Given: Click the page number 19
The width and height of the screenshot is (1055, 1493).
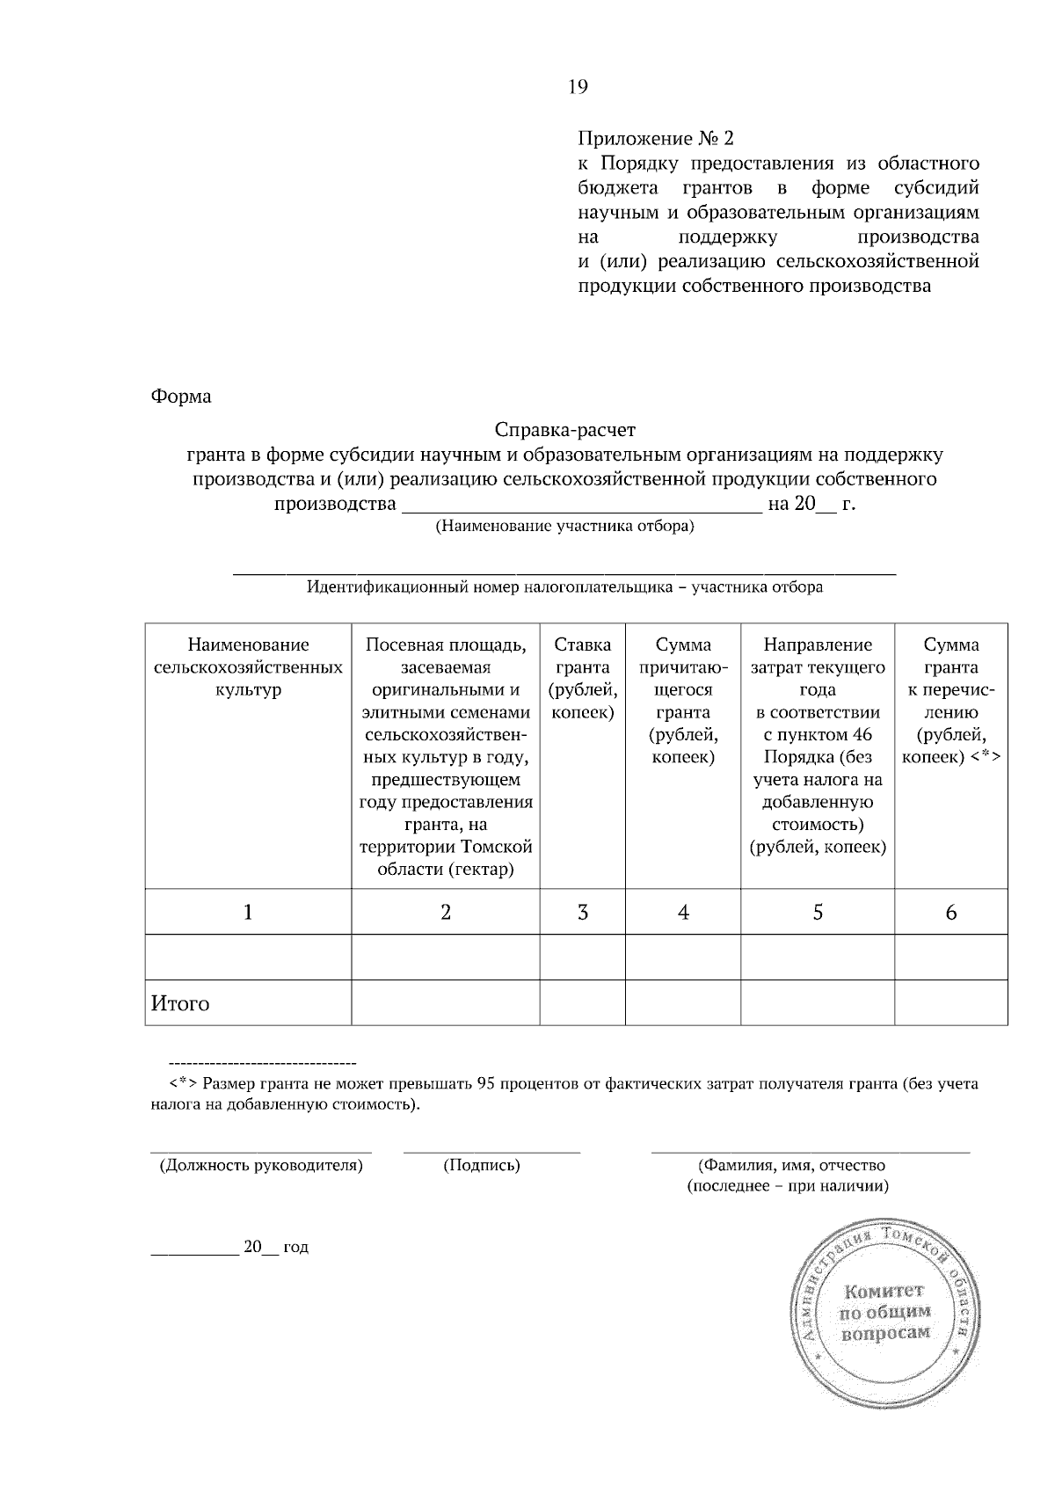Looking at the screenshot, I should coord(578,86).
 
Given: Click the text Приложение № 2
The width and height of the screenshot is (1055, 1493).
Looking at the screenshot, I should coord(655,139).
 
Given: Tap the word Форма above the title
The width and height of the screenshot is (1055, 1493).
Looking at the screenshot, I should coord(181,397).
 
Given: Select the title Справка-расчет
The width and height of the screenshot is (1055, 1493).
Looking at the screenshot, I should coord(564,431).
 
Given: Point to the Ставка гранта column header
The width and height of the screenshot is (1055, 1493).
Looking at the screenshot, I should coord(583,679).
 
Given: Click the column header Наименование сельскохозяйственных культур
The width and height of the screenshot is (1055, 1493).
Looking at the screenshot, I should coord(248,667).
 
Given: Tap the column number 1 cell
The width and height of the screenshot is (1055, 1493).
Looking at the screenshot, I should coord(248,913).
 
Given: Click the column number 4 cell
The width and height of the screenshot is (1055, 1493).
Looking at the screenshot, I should coord(683,913).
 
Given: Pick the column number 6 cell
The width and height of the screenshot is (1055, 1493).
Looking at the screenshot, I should coord(950,913).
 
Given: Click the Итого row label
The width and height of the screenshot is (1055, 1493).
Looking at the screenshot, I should coord(181,1004).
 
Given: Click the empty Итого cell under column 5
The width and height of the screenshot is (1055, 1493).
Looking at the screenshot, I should coord(818,1003).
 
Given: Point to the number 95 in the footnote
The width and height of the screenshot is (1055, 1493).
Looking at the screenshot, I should coord(485,1084).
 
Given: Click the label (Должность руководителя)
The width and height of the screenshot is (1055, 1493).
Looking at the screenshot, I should coord(261,1166).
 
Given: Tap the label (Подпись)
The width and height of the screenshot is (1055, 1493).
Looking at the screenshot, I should coord(482,1166).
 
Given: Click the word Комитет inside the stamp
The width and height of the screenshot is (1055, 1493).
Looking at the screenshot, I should coord(884,1292).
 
